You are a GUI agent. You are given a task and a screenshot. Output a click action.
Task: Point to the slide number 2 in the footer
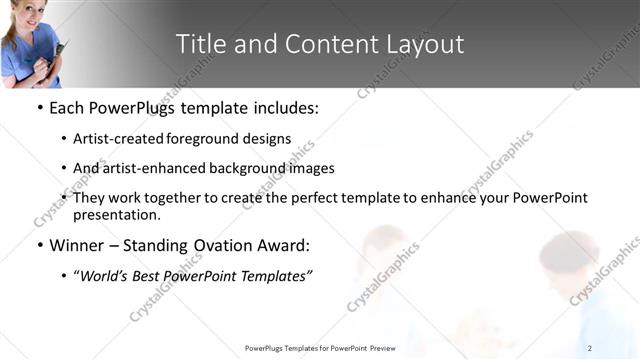590,347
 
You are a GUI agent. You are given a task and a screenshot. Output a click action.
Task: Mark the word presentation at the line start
116,215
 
